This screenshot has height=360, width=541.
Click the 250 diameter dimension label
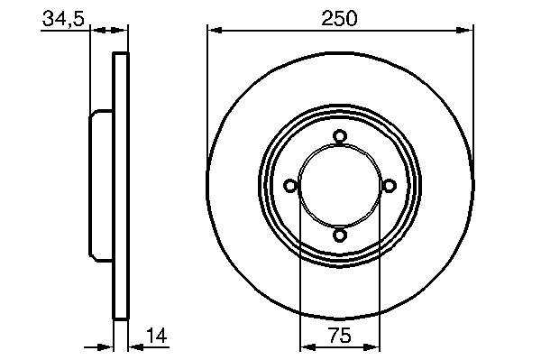pos(339,18)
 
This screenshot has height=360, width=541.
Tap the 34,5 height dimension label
pos(63,18)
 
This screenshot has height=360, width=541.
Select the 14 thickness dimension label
pos(157,335)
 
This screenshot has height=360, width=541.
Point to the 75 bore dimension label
pos(340,335)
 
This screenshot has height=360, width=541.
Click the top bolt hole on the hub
pos(340,136)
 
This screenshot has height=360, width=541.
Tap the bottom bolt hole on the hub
pos(340,235)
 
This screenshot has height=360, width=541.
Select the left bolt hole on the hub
pos(290,186)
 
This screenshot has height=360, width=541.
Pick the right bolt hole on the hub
pos(390,186)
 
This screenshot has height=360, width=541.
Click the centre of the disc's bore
pos(340,186)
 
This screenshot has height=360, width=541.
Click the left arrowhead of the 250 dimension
pos(215,31)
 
